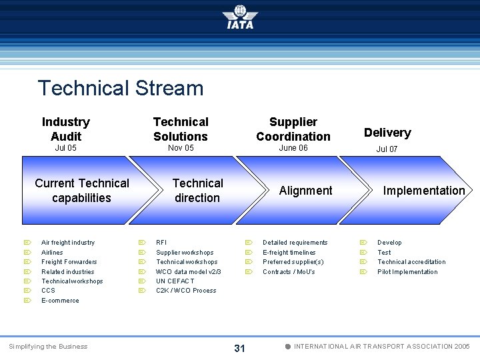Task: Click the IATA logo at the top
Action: pyautogui.click(x=240, y=17)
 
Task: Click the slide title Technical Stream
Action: pyautogui.click(x=121, y=88)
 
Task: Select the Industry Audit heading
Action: pyautogui.click(x=65, y=129)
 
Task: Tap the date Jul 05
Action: pyautogui.click(x=65, y=148)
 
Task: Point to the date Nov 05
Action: pyautogui.click(x=181, y=148)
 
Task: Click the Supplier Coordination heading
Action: pyautogui.click(x=293, y=129)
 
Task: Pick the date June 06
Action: pyautogui.click(x=293, y=148)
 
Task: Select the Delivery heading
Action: pyautogui.click(x=387, y=132)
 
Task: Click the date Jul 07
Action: pyautogui.click(x=387, y=149)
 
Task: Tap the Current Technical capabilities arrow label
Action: pyautogui.click(x=82, y=190)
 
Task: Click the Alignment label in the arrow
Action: pyautogui.click(x=305, y=191)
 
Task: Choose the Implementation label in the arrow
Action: pyautogui.click(x=424, y=191)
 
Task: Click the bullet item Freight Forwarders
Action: pyautogui.click(x=69, y=262)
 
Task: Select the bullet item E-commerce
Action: pyautogui.click(x=60, y=301)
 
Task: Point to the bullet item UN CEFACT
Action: pyautogui.click(x=175, y=281)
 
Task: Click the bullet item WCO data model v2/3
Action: pyautogui.click(x=189, y=272)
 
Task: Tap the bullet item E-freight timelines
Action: pyautogui.click(x=289, y=253)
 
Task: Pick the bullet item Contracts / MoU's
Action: pyautogui.click(x=289, y=272)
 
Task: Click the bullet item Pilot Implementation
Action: pyautogui.click(x=407, y=272)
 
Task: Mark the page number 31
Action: pyautogui.click(x=240, y=348)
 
